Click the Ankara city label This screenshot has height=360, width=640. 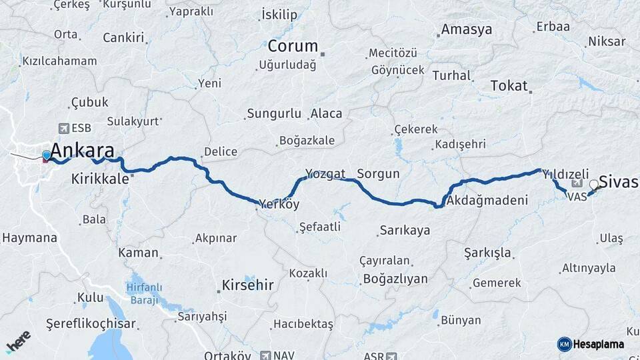82,149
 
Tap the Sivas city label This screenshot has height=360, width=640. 619,181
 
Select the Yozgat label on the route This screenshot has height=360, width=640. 325,174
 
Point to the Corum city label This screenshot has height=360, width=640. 293,47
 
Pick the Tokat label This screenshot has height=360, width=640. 509,86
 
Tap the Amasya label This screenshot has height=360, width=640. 467,29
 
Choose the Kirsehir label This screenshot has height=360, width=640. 246,286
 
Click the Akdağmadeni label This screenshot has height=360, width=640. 487,200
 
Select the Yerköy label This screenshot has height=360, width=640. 279,204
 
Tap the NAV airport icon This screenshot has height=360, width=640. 267,355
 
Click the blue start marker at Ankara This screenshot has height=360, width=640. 46,155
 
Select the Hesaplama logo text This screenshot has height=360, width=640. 599,344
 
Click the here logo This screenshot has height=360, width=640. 18,342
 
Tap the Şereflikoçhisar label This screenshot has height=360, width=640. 91,323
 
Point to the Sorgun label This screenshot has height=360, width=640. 378,174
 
